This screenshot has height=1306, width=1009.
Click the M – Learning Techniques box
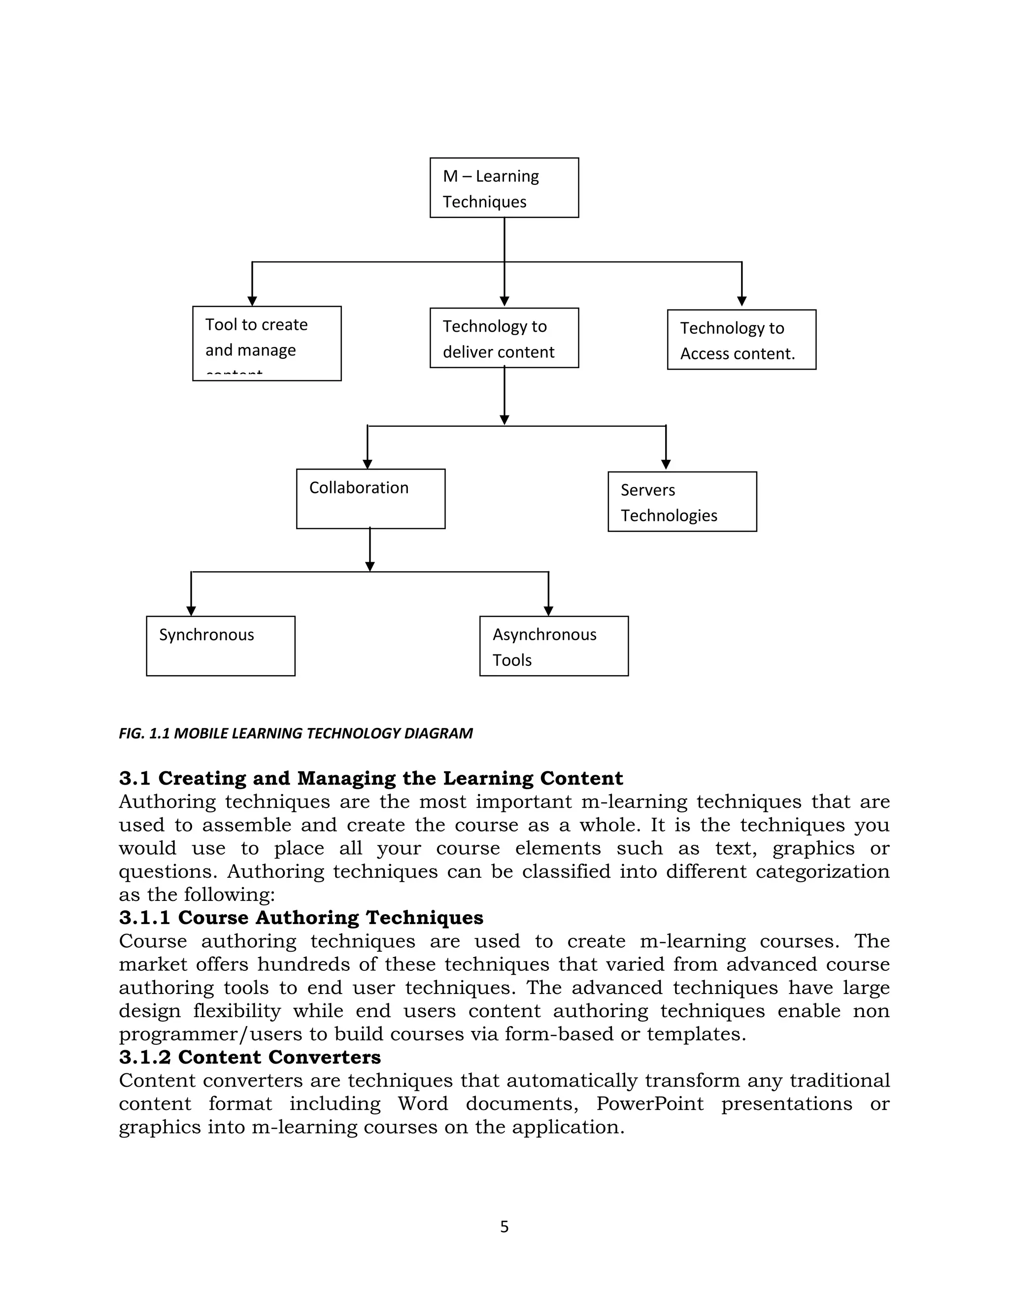[x=504, y=188]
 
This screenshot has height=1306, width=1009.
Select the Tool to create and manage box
[x=267, y=343]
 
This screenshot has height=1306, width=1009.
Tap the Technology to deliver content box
[x=504, y=338]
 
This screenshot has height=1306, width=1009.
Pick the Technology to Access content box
[x=741, y=340]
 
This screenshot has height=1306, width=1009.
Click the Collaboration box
[x=370, y=499]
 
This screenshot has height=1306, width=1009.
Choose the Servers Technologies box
[x=682, y=502]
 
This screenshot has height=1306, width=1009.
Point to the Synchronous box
[x=221, y=646]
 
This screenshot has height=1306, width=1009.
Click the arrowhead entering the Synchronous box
[x=191, y=611]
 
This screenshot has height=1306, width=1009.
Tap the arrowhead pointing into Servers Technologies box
[x=666, y=465]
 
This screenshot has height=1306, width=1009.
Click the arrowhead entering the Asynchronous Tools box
[x=549, y=611]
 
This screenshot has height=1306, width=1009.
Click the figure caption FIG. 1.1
[x=295, y=733]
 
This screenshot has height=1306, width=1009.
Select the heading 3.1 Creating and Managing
[x=370, y=778]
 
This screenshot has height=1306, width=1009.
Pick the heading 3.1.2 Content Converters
[x=249, y=1057]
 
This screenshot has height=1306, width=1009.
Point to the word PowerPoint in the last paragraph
[x=649, y=1103]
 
